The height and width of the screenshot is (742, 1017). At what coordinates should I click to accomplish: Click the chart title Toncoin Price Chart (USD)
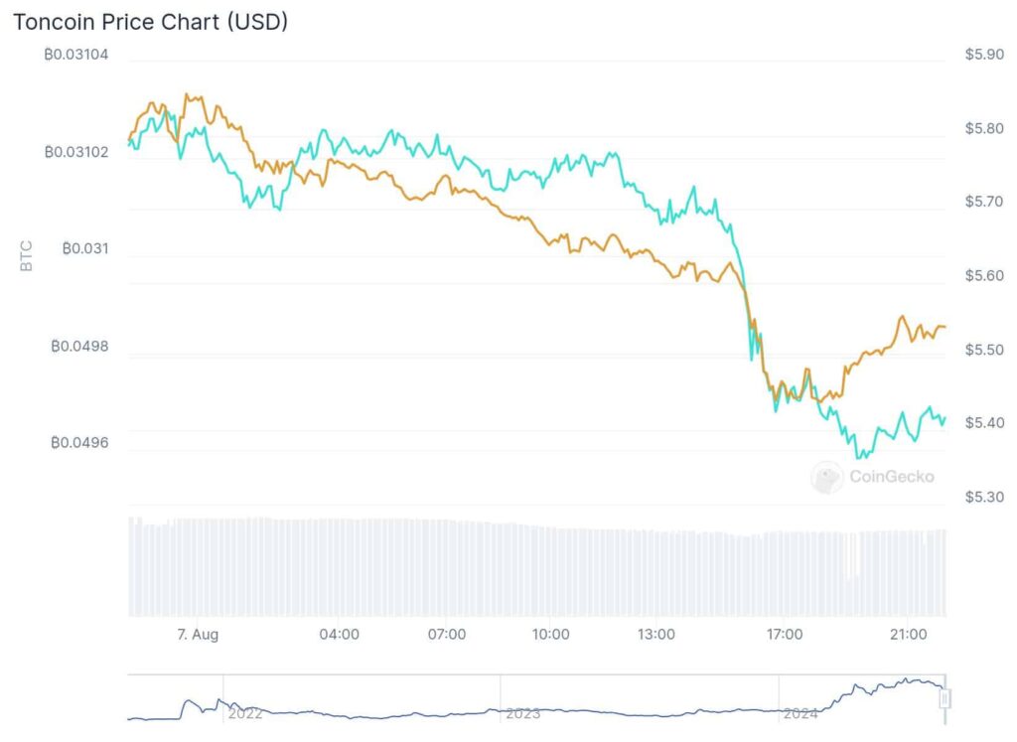pyautogui.click(x=151, y=22)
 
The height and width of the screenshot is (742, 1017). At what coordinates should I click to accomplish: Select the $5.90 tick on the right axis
pyautogui.click(x=984, y=55)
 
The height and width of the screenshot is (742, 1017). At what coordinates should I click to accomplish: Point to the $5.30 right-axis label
pyautogui.click(x=984, y=498)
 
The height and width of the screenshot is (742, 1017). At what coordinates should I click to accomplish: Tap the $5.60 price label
pyautogui.click(x=984, y=276)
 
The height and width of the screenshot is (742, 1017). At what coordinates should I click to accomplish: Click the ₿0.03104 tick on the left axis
pyautogui.click(x=75, y=55)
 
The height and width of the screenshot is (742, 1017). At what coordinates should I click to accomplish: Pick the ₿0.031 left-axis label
pyautogui.click(x=85, y=249)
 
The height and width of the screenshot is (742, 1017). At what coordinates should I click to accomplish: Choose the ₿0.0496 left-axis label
pyautogui.click(x=79, y=443)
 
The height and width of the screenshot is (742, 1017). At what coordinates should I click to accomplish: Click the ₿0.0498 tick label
pyautogui.click(x=79, y=347)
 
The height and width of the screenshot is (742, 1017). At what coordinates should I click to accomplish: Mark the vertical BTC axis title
pyautogui.click(x=26, y=255)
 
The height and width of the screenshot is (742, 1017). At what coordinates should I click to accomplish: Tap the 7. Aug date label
pyautogui.click(x=198, y=635)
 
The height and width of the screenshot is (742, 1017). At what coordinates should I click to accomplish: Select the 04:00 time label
pyautogui.click(x=340, y=635)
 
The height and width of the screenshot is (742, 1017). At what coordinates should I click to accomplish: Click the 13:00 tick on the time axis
pyautogui.click(x=655, y=635)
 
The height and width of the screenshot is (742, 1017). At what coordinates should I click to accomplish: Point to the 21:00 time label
pyautogui.click(x=908, y=635)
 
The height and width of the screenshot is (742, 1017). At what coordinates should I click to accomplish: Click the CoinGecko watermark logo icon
pyautogui.click(x=827, y=478)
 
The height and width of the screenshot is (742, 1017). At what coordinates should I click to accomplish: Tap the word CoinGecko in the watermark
pyautogui.click(x=892, y=478)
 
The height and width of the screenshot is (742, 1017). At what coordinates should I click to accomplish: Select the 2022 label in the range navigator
pyautogui.click(x=245, y=714)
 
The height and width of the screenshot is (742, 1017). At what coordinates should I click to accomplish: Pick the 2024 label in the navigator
pyautogui.click(x=800, y=714)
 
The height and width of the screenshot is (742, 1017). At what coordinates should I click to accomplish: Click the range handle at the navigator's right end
pyautogui.click(x=945, y=699)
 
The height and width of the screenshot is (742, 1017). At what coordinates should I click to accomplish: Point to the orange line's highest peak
pyautogui.click(x=187, y=94)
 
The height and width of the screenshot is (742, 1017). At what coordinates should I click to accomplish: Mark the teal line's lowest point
pyautogui.click(x=859, y=458)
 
